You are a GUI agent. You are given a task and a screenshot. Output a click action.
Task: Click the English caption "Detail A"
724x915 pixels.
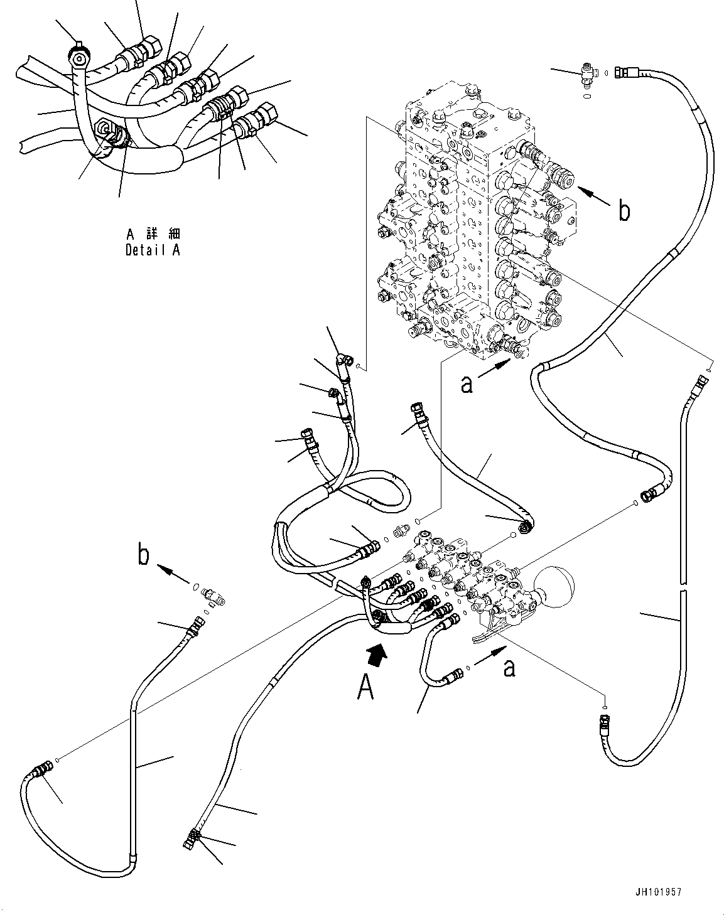pyautogui.click(x=153, y=250)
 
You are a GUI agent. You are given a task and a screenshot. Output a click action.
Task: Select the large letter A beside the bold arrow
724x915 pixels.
pyautogui.click(x=365, y=688)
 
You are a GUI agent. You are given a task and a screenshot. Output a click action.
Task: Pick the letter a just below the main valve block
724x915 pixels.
pyautogui.click(x=467, y=385)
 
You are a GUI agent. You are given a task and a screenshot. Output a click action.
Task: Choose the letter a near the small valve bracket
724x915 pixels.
pyautogui.click(x=509, y=668)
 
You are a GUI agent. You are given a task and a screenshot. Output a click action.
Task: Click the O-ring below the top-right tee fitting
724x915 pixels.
pyautogui.click(x=586, y=96)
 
